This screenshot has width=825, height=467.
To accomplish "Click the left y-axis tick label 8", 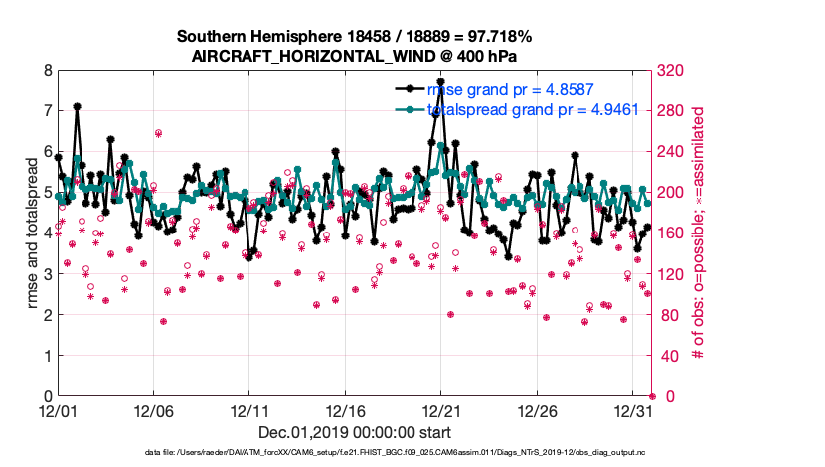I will (x=48, y=71).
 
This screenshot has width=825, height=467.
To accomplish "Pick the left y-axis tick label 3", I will (x=48, y=274).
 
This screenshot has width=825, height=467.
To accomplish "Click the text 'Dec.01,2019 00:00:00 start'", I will (x=353, y=432).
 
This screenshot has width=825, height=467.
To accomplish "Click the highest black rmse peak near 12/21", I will (x=441, y=82).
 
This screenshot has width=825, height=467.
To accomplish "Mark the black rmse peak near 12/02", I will (x=77, y=106).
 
